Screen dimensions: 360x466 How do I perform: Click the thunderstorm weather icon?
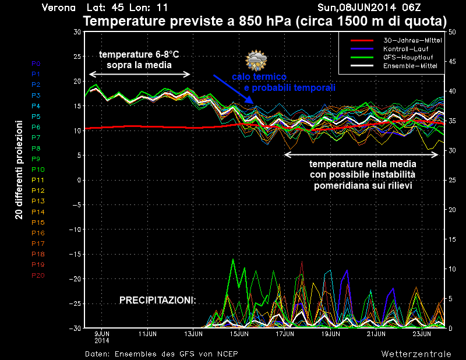coord(256,61)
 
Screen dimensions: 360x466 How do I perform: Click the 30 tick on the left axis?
coord(76,31)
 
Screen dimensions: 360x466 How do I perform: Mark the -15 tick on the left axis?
coord(75,255)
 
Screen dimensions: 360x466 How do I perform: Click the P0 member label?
coord(36,63)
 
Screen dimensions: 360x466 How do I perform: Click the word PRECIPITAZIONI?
coord(157,300)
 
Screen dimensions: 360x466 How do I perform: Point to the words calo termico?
coord(259,77)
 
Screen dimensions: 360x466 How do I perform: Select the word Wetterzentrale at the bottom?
coord(416,354)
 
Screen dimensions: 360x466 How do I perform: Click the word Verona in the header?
coord(59,8)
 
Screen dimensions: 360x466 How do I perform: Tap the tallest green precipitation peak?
coord(233,260)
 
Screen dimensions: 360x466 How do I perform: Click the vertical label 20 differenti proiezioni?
coord(19,170)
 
